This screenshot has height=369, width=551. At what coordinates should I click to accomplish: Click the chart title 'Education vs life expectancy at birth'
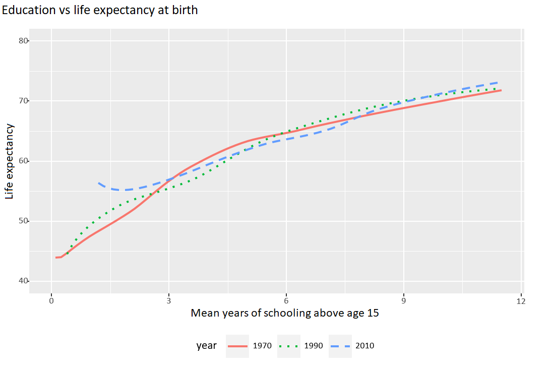tap(100, 11)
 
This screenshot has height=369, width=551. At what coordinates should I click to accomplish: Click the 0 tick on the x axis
tap(51, 301)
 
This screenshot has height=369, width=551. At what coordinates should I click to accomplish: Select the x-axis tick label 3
tap(169, 301)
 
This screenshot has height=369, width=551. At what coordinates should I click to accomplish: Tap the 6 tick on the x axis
tap(286, 301)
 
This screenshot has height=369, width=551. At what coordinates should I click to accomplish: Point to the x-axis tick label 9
tap(404, 301)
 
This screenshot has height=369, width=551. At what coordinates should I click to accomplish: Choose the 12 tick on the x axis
tap(521, 301)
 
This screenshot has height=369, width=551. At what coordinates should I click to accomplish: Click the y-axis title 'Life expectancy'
tap(10, 161)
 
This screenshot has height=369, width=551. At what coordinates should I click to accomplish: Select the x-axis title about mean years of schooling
tap(285, 313)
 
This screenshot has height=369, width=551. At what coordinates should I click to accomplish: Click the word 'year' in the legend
tap(207, 346)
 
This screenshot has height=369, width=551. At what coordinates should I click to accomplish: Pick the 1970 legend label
tap(263, 346)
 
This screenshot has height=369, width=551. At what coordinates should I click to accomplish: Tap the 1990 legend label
tap(314, 346)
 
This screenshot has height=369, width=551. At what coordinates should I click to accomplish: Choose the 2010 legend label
tap(365, 346)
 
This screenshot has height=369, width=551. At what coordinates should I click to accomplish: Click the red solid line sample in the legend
tap(237, 346)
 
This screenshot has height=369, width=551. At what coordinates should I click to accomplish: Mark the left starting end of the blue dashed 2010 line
tap(98, 183)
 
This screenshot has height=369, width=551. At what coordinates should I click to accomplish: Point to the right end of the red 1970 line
tap(501, 90)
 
